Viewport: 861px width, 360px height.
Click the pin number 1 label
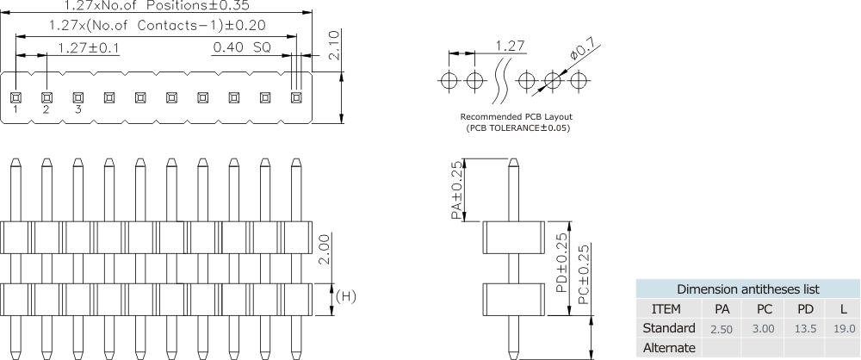click(x=15, y=109)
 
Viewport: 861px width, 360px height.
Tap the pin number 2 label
click(x=46, y=109)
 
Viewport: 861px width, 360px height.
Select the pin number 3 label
click(x=77, y=109)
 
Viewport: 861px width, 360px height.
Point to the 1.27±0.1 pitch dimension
click(x=89, y=47)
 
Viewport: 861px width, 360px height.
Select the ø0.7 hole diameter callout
click(x=582, y=53)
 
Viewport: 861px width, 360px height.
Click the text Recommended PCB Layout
click(x=517, y=116)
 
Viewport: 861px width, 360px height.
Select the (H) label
click(x=345, y=297)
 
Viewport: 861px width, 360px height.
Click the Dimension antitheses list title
click(x=747, y=289)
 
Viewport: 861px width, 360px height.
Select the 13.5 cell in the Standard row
click(x=806, y=329)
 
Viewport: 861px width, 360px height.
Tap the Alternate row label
click(x=669, y=348)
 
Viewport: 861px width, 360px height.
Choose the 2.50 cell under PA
click(x=722, y=329)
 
